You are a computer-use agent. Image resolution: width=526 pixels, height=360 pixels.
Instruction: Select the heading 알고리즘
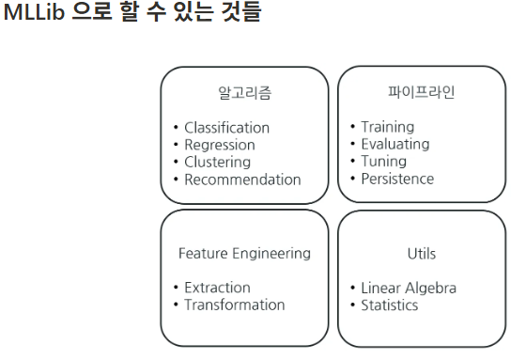click(244, 93)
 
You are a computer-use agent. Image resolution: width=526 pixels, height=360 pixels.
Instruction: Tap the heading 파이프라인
click(422, 92)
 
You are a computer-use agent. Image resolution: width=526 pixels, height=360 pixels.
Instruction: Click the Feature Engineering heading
click(244, 254)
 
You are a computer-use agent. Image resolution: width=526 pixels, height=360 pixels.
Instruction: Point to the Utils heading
click(422, 254)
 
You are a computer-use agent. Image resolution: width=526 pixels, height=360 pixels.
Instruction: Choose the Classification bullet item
click(226, 128)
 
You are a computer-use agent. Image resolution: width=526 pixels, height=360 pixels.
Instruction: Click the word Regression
click(220, 146)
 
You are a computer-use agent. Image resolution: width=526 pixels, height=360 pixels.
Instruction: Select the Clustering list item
click(217, 163)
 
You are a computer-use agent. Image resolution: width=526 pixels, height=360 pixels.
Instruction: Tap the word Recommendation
click(242, 180)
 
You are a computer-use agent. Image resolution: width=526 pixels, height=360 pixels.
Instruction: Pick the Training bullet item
click(387, 127)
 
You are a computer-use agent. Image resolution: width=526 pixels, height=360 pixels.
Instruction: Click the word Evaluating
click(395, 145)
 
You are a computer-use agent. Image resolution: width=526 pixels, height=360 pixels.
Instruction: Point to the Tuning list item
click(384, 161)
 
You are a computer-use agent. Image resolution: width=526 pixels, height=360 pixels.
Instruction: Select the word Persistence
click(397, 179)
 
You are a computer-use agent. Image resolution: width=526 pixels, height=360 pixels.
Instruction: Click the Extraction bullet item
click(217, 288)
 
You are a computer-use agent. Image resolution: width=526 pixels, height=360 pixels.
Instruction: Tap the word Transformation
click(235, 305)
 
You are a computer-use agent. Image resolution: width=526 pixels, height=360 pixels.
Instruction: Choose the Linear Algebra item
click(409, 289)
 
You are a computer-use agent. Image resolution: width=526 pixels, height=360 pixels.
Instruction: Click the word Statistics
click(390, 305)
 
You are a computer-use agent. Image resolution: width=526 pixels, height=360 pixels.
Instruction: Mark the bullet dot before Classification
click(177, 127)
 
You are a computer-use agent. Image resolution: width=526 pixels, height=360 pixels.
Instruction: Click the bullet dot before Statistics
click(352, 305)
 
